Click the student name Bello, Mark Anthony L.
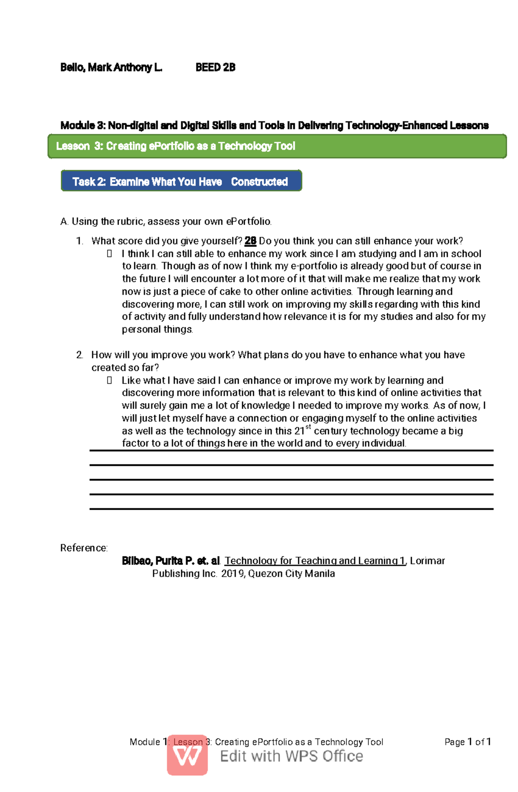pos(111,67)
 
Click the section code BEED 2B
pos(215,67)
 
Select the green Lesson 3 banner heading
pos(175,146)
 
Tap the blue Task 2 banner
pos(180,182)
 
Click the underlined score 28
pos(250,241)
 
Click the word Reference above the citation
pos(83,548)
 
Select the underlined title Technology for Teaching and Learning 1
pos(315,561)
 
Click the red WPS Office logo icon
pos(187,755)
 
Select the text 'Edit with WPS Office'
pos(291,756)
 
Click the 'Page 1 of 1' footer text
pos(467,742)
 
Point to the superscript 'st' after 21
pos(308,427)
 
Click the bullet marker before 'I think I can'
pos(109,254)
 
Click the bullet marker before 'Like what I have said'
pos(109,380)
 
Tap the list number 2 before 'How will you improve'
pos(79,355)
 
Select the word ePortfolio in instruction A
pos(248,221)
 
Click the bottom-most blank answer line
pos(291,509)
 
